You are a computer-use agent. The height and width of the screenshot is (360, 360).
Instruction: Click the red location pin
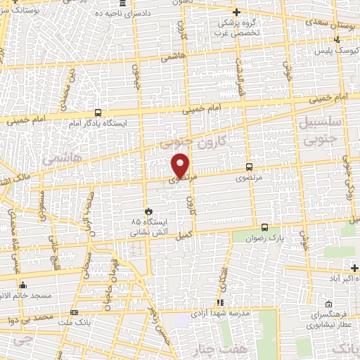(x=181, y=165)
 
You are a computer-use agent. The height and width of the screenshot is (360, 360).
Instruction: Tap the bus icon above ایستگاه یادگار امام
(x=98, y=112)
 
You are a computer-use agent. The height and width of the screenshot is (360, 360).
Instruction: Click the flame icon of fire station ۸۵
(x=148, y=211)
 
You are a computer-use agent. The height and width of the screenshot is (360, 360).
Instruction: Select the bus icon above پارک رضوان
(x=264, y=227)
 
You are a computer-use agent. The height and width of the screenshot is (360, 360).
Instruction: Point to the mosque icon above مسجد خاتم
(x=24, y=285)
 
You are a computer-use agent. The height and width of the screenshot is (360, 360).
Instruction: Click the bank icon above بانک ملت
(x=75, y=313)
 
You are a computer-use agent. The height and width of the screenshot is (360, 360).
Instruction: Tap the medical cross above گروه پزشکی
(x=236, y=12)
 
